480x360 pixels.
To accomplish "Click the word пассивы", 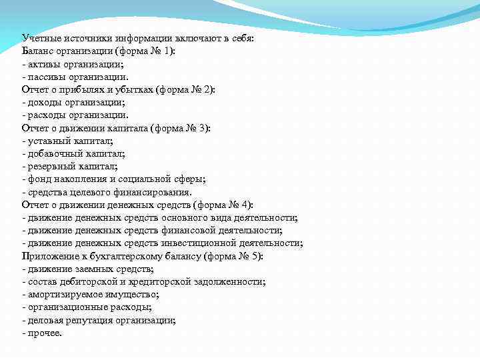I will click(x=45, y=77).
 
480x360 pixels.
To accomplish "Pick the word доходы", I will click(x=43, y=103).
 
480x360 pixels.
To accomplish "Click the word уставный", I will click(x=47, y=141).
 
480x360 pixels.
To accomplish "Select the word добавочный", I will click(x=53, y=153).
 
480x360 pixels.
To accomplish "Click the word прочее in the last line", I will click(x=43, y=332).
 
